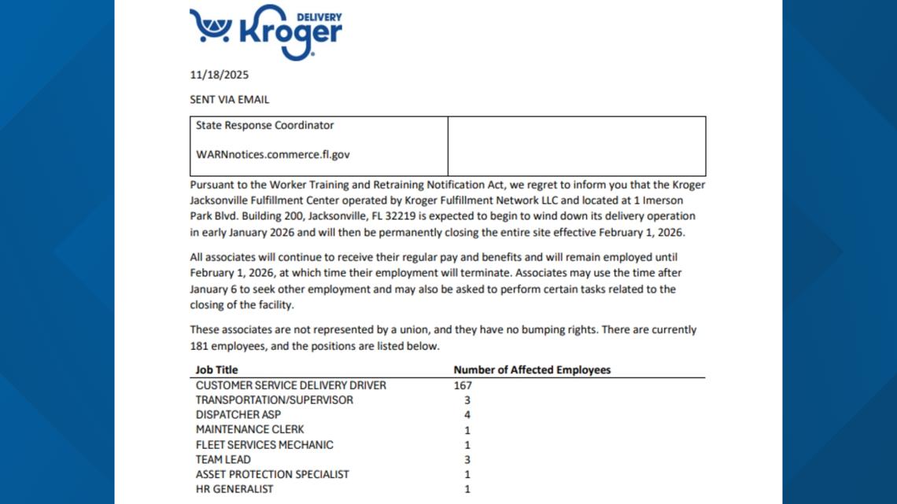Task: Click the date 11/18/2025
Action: [x=220, y=76]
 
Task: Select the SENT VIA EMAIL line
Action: [x=229, y=100]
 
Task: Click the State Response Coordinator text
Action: [x=264, y=126]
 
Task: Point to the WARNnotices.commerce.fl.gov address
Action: [x=272, y=155]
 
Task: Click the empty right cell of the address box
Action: [x=576, y=146]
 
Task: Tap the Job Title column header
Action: [x=216, y=370]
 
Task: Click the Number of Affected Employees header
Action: [x=532, y=370]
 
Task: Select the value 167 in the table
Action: [x=463, y=385]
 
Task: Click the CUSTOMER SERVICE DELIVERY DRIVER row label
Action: [x=290, y=385]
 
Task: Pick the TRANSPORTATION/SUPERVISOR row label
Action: [x=274, y=400]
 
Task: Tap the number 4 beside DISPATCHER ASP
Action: [x=467, y=415]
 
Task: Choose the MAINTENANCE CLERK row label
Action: [x=249, y=430]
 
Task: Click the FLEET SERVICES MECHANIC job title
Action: [x=264, y=445]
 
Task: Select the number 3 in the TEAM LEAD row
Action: [x=467, y=460]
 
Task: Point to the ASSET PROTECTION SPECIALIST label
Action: [x=272, y=475]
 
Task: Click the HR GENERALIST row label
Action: [x=234, y=490]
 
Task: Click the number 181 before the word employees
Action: [x=198, y=346]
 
